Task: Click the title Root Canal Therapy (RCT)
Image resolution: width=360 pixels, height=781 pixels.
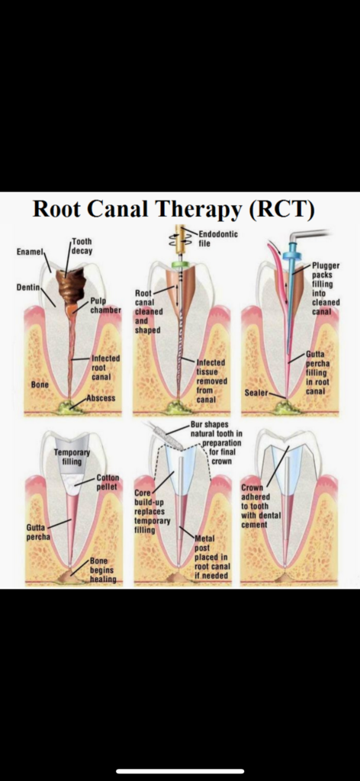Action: coord(173,209)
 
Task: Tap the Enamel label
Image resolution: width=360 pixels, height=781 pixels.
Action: coord(31,252)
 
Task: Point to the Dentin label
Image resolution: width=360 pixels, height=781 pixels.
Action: coord(28,288)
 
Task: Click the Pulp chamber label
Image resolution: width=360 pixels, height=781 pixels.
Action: coord(105,305)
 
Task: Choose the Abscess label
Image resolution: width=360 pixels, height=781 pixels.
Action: coord(101,398)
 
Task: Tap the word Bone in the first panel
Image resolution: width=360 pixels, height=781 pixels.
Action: coord(40,385)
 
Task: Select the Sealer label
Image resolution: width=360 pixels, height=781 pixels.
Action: coord(256,393)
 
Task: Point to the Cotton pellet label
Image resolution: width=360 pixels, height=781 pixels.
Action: coord(108,482)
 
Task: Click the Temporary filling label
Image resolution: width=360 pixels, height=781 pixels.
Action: coord(72,458)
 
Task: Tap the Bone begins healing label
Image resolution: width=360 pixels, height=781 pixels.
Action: coord(102,570)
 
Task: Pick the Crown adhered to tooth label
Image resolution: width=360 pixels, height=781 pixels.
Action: coord(261,506)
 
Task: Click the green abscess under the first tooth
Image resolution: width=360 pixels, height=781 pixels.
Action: coord(71,406)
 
